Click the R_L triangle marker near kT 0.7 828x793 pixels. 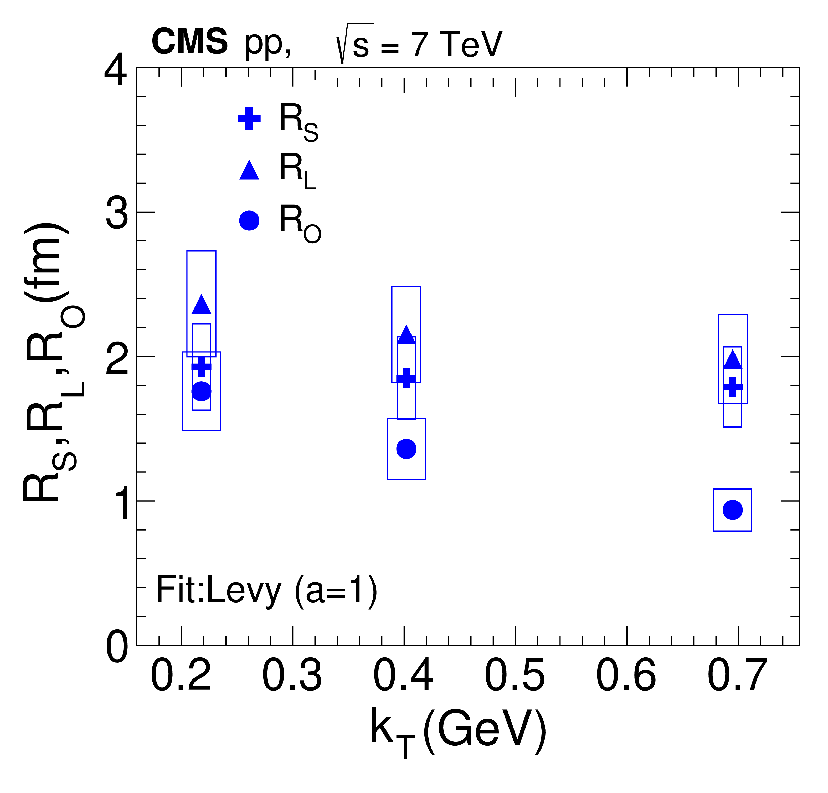tap(733, 360)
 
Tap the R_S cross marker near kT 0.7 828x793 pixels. tap(733, 387)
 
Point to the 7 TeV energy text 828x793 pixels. tap(456, 44)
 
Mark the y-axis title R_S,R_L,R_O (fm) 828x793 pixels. tap(53, 362)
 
